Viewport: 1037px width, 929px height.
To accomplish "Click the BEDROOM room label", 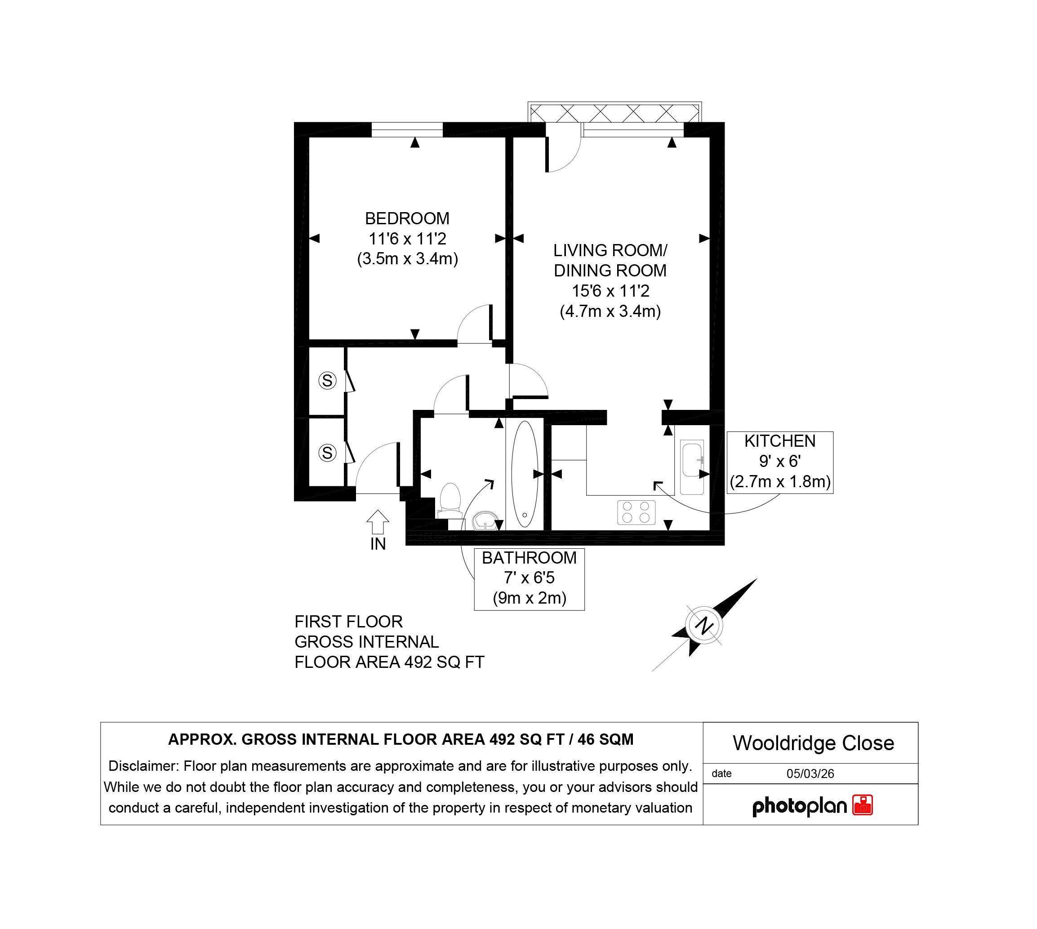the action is [407, 218].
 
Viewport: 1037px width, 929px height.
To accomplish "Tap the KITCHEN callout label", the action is [780, 441].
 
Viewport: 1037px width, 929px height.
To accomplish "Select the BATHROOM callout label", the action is [529, 558].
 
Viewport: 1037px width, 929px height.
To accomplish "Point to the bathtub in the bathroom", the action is [525, 474].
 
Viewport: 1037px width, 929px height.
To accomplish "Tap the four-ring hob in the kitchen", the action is [636, 512].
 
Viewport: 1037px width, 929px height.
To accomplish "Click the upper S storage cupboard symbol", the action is [327, 380].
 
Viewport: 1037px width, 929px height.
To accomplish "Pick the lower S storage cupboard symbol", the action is [327, 453].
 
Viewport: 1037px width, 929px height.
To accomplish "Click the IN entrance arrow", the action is [378, 522].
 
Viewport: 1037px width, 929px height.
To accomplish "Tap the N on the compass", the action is [704, 625].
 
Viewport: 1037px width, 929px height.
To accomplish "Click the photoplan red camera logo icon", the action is [863, 805].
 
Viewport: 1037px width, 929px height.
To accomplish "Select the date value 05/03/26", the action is [810, 773].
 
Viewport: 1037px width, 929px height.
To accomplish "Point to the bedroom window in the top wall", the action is [407, 129].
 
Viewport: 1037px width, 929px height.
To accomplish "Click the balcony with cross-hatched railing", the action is [615, 112].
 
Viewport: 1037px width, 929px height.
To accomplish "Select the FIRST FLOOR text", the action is [349, 622].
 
